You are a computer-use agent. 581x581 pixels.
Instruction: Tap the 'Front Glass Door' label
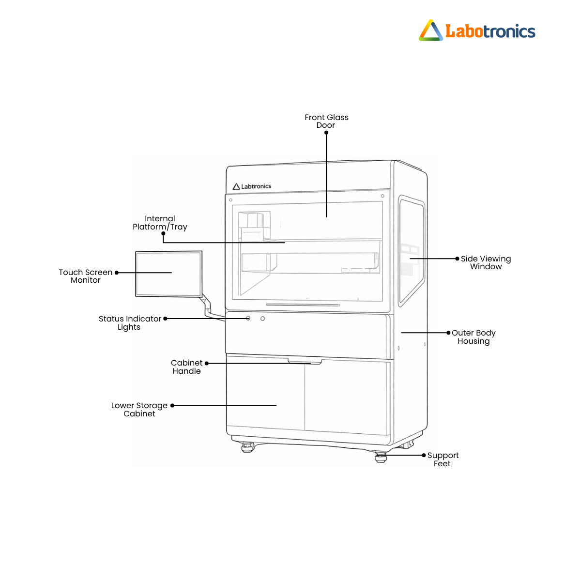pos(326,121)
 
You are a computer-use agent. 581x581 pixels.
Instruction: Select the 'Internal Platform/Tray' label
pos(160,223)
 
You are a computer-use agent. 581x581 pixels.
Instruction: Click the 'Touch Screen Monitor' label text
pos(86,276)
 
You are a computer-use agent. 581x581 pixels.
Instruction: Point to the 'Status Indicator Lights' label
pos(130,322)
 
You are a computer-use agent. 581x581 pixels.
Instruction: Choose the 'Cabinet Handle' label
pos(186,367)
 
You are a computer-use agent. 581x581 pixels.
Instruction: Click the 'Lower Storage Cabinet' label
pos(139,410)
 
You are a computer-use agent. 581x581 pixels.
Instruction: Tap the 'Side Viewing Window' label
pos(486,262)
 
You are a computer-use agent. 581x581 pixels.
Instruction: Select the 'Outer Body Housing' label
pos(474,337)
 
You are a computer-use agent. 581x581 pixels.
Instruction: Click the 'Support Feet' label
pos(443,459)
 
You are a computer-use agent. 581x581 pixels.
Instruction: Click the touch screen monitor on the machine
pos(168,274)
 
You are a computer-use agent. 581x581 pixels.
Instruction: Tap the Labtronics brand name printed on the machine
pos(256,186)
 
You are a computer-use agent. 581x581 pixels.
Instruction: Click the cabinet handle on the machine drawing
pos(305,361)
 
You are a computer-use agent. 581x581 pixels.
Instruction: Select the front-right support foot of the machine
pos(381,456)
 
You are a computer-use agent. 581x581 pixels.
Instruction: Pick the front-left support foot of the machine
pos(247,447)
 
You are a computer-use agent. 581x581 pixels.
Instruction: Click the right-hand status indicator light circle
pos(262,319)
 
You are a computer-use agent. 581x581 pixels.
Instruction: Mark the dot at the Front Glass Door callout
pos(326,133)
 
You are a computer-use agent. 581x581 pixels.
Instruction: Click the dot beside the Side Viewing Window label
pos(457,259)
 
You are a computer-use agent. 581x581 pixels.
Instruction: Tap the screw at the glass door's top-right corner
pos(382,196)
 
